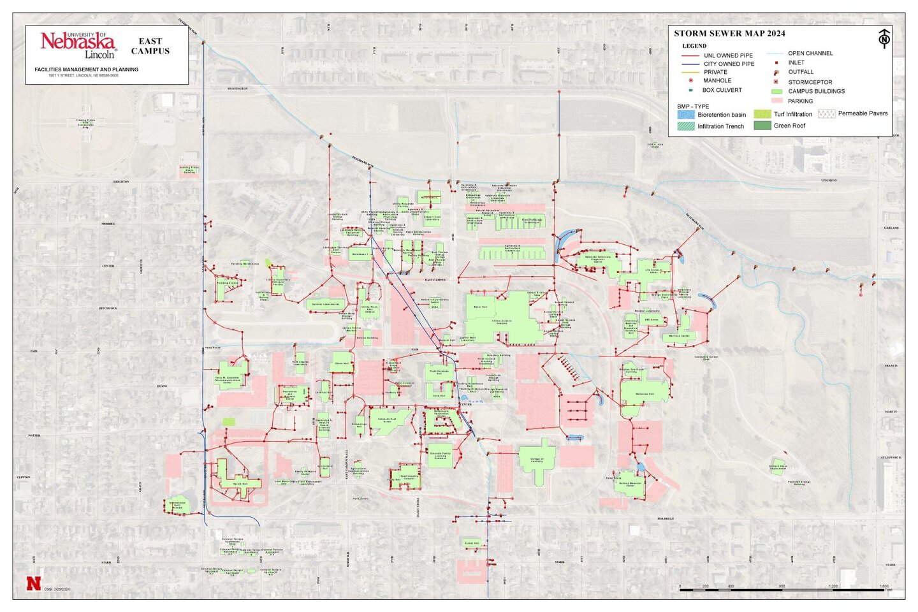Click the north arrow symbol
pyautogui.click(x=884, y=38)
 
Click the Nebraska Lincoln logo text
pyautogui.click(x=78, y=45)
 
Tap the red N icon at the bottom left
pyautogui.click(x=33, y=583)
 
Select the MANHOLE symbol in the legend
pyautogui.click(x=690, y=81)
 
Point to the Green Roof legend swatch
pyautogui.click(x=762, y=126)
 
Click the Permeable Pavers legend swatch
pyautogui.click(x=826, y=113)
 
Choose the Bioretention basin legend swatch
pyautogui.click(x=686, y=115)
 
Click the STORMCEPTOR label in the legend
pyautogui.click(x=810, y=82)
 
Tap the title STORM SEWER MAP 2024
pyautogui.click(x=729, y=34)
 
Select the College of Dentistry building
pyautogui.click(x=537, y=461)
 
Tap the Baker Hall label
pyautogui.click(x=481, y=307)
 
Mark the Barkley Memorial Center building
pyautogui.click(x=630, y=484)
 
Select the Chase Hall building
pyautogui.click(x=342, y=363)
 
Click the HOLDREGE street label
pyautogui.click(x=666, y=519)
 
